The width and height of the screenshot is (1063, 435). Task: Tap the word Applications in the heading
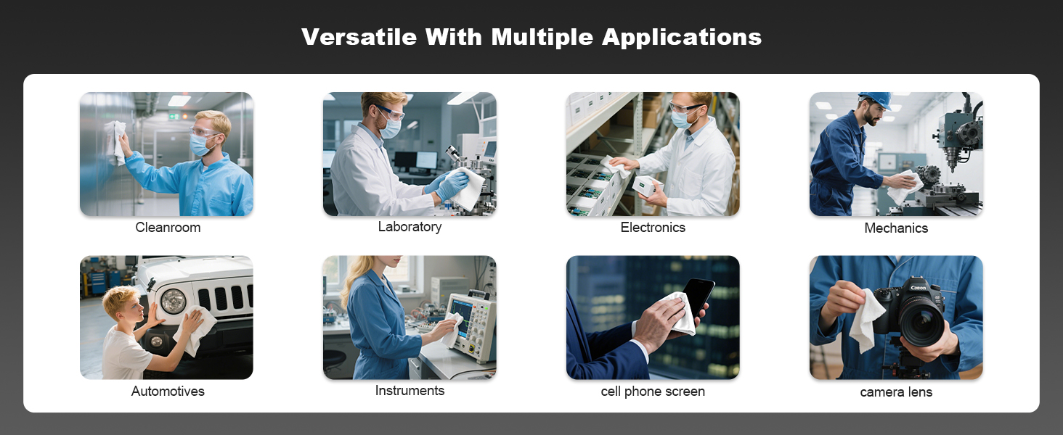pyautogui.click(x=682, y=37)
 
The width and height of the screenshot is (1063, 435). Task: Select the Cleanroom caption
pyautogui.click(x=168, y=228)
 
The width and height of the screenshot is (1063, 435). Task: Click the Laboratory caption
pyautogui.click(x=410, y=227)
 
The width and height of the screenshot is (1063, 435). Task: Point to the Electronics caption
pyautogui.click(x=653, y=228)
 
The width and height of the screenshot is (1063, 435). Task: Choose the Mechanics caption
pyautogui.click(x=896, y=228)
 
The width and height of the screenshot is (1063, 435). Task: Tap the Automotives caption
pyautogui.click(x=168, y=391)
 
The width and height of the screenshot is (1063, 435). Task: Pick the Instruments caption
pyautogui.click(x=410, y=391)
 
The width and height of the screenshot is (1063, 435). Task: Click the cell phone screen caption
pyautogui.click(x=653, y=391)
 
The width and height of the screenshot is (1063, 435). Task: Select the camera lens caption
pyautogui.click(x=896, y=392)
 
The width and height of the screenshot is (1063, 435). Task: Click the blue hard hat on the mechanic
pyautogui.click(x=877, y=99)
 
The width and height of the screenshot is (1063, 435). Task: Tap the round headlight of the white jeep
pyautogui.click(x=173, y=300)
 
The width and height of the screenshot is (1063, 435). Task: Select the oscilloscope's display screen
pyautogui.click(x=461, y=309)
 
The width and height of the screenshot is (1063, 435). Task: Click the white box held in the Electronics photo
pyautogui.click(x=648, y=186)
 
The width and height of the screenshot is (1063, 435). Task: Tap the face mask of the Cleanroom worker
pyautogui.click(x=200, y=146)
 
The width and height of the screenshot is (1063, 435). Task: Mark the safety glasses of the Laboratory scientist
pyautogui.click(x=391, y=113)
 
